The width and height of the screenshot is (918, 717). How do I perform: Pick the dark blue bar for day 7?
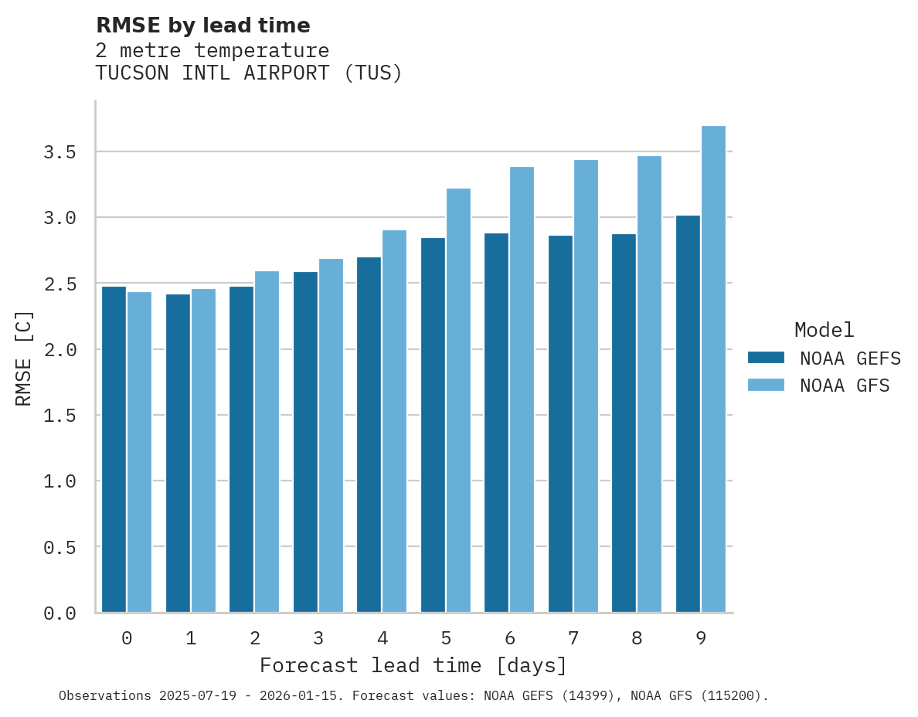pos(560,424)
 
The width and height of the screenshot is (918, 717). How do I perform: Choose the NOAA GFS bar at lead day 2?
pos(267,441)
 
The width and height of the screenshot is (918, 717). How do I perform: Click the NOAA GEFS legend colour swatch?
pos(766,358)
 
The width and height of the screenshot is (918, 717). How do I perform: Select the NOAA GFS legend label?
pos(845,386)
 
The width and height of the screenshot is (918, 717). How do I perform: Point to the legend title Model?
pos(824,330)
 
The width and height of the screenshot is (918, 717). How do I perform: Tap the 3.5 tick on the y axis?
pos(60,152)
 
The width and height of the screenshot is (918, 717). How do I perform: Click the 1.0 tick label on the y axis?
pos(60,481)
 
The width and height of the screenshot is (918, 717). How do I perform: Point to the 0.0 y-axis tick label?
pos(60,613)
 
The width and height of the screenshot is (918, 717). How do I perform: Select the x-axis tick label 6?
pos(510,638)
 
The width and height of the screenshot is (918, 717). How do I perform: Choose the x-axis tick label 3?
pos(318,638)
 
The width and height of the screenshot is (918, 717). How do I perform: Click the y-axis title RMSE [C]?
pos(24,358)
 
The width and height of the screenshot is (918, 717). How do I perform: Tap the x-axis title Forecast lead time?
pos(413,665)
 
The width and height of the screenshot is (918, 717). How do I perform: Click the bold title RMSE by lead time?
pos(202,25)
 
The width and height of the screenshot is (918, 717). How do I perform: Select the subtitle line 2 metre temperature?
pos(212,51)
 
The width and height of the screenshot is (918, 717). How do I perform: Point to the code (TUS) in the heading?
pos(372,73)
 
